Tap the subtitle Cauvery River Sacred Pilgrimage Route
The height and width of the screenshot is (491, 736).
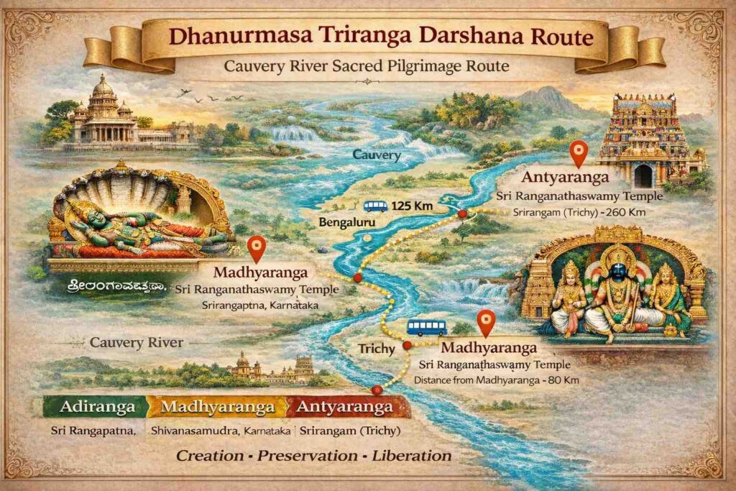367,67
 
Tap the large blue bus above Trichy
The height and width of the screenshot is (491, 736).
426,328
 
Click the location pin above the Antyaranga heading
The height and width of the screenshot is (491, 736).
578,152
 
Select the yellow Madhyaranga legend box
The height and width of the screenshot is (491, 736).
218,407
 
